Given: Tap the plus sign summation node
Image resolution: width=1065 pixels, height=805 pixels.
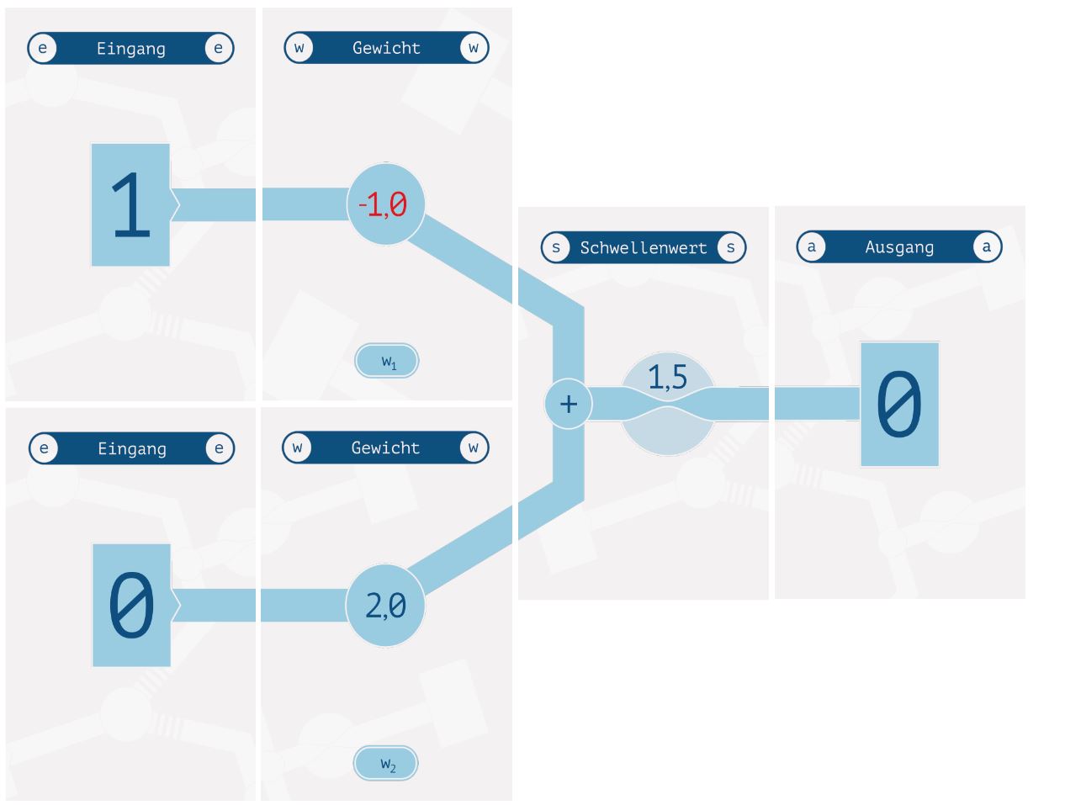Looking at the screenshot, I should pyautogui.click(x=569, y=404).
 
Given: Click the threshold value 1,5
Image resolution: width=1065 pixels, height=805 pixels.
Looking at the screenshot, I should pyautogui.click(x=667, y=378).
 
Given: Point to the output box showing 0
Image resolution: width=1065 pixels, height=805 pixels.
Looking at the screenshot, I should pyautogui.click(x=899, y=405).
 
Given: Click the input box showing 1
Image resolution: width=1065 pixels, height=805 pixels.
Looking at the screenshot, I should pyautogui.click(x=131, y=204).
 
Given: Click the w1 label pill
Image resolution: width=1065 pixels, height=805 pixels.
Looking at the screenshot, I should pyautogui.click(x=387, y=361).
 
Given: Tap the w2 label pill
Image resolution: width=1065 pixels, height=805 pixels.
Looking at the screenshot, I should pyautogui.click(x=386, y=764).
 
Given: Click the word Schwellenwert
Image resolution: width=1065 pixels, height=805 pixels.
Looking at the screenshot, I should pyautogui.click(x=644, y=247).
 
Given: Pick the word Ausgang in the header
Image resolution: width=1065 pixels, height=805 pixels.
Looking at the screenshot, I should pyautogui.click(x=899, y=247).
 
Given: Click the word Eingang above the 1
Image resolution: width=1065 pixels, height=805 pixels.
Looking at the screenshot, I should pyautogui.click(x=130, y=49).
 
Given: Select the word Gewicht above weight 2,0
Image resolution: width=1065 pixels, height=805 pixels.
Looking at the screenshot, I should pyautogui.click(x=385, y=448).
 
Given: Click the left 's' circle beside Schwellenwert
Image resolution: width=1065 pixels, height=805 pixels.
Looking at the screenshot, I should pyautogui.click(x=556, y=247).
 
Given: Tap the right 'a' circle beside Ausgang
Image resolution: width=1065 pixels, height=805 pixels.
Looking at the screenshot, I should pyautogui.click(x=987, y=247).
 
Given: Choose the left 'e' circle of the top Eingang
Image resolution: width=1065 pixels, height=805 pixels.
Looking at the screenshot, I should pyautogui.click(x=43, y=48).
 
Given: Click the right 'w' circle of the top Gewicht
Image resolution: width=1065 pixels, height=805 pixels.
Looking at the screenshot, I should pyautogui.click(x=474, y=48).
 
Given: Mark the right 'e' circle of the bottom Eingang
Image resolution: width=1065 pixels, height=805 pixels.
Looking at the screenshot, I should pyautogui.click(x=219, y=448).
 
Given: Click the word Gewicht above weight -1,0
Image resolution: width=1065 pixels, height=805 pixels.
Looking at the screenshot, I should pyautogui.click(x=386, y=48).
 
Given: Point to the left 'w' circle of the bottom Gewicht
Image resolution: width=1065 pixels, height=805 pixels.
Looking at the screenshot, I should pyautogui.click(x=298, y=448).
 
